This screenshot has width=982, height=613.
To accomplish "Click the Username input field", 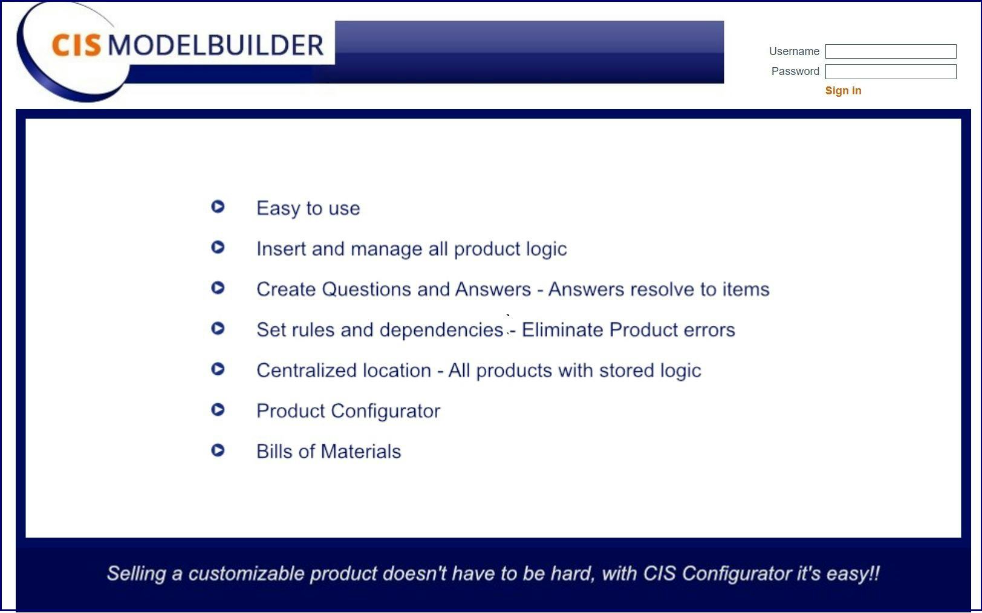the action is click(x=890, y=51).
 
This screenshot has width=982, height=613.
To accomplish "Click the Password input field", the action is click(x=890, y=71).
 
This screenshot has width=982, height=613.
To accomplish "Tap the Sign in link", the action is click(x=843, y=91).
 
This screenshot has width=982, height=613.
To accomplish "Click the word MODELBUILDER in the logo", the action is click(x=216, y=45).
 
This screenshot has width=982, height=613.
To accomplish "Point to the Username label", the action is click(x=794, y=51).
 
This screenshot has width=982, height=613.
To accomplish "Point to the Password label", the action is click(x=795, y=71).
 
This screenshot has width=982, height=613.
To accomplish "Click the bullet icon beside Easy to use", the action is click(x=218, y=206).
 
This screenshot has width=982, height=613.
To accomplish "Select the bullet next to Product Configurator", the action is click(x=218, y=410).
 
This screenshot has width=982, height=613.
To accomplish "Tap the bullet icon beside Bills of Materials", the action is click(x=218, y=450).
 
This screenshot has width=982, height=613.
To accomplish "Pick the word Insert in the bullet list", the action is click(x=281, y=249).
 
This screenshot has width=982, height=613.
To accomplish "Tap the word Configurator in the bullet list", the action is click(x=385, y=412).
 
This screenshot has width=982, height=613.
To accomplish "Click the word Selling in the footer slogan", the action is click(x=136, y=574).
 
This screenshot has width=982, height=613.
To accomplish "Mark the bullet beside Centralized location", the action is click(x=218, y=369).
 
